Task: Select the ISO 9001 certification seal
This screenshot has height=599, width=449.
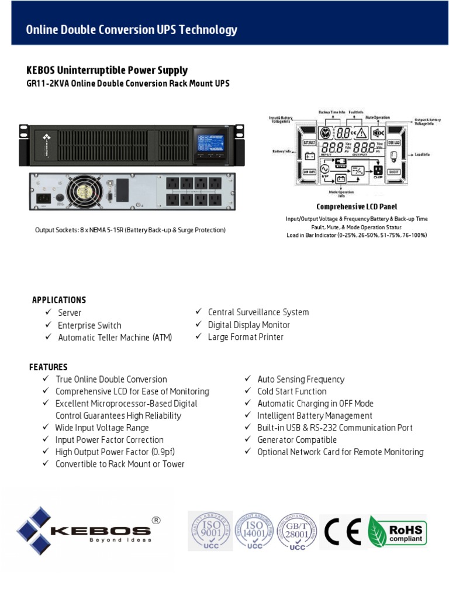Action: click(x=209, y=530)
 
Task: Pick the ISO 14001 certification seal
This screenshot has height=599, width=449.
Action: click(x=254, y=530)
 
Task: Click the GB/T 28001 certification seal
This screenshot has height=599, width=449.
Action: click(x=298, y=530)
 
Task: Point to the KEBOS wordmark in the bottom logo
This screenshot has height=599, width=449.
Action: click(x=100, y=531)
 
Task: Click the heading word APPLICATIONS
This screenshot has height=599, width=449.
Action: click(x=59, y=300)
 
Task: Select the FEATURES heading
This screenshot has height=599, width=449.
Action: click(x=49, y=367)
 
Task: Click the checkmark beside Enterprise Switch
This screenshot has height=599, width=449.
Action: click(x=49, y=325)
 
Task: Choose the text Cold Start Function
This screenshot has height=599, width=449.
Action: click(x=292, y=391)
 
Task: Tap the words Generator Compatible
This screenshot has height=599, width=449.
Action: click(x=297, y=440)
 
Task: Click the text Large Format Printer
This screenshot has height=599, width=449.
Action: click(x=246, y=337)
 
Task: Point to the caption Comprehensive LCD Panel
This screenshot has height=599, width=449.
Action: click(x=357, y=206)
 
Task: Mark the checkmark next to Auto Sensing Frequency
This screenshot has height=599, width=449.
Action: click(x=248, y=379)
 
